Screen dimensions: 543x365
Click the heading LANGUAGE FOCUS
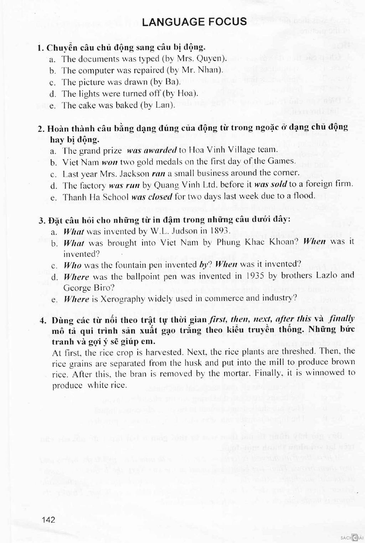click(194, 22)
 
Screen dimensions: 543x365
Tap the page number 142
click(48, 519)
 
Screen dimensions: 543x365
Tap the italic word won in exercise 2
click(110, 162)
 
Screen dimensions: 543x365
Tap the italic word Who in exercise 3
click(73, 265)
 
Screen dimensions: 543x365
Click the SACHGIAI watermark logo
click(352, 537)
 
